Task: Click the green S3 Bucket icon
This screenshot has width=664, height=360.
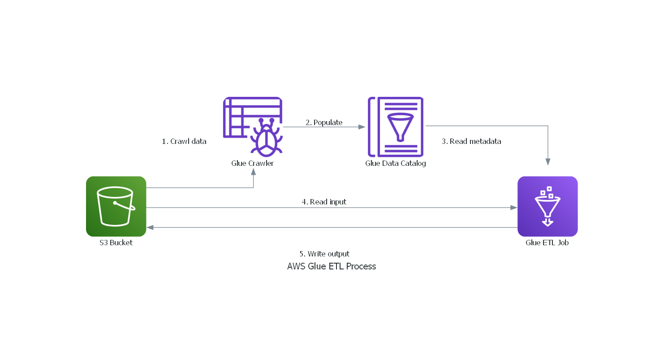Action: [x=116, y=206]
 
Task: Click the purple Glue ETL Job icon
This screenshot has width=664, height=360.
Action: [x=548, y=206]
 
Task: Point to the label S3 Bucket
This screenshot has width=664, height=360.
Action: [x=116, y=243]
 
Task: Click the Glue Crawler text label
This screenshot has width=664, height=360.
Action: [x=252, y=163]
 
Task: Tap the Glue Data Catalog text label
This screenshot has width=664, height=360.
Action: [x=396, y=163]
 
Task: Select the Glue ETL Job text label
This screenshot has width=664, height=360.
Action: [x=547, y=243]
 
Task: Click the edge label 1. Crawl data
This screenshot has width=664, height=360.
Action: [x=184, y=141]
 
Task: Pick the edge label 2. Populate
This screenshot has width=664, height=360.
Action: [x=324, y=122]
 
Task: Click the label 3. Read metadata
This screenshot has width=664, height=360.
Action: [x=471, y=141]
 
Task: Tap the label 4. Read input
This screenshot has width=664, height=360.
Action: [x=324, y=202]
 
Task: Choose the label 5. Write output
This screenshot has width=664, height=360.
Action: [x=324, y=254]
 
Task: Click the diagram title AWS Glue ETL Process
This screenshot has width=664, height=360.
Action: [x=332, y=266]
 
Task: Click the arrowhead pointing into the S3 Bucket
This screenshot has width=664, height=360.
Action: [x=151, y=228]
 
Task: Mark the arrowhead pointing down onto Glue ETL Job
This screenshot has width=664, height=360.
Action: [x=548, y=162]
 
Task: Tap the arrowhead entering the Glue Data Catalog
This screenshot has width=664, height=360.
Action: [x=362, y=127]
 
